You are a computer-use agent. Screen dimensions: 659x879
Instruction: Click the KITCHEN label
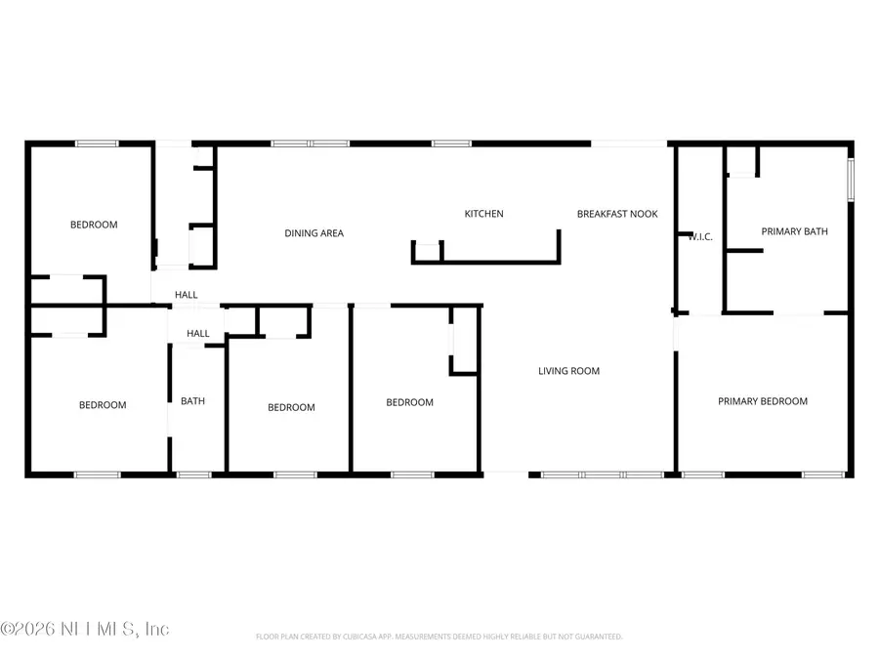tap(483, 214)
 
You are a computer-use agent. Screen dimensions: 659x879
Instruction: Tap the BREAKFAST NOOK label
tap(617, 214)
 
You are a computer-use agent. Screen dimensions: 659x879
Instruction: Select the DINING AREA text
tap(314, 233)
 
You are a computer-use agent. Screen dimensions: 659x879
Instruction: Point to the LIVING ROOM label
tap(568, 371)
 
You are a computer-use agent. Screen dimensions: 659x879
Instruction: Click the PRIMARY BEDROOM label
tap(763, 401)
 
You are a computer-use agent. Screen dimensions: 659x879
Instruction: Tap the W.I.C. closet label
tap(699, 236)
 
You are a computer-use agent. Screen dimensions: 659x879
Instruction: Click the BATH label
tap(192, 401)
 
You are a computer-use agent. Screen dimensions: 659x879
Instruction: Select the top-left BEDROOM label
tap(94, 225)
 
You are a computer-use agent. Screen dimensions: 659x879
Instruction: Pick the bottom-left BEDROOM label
tap(103, 405)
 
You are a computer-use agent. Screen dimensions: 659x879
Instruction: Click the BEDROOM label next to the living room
tap(409, 402)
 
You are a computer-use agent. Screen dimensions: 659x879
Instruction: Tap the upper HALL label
tap(186, 295)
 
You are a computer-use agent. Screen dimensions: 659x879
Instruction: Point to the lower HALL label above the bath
tap(198, 334)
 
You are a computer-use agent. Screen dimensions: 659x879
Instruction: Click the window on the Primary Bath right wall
tap(851, 180)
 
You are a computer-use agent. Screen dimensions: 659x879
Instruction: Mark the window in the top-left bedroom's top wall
tap(98, 144)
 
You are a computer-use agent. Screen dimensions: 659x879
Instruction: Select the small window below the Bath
tap(193, 475)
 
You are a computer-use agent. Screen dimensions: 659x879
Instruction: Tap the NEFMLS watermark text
tap(86, 629)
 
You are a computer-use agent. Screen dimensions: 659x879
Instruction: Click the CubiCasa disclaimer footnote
tap(439, 637)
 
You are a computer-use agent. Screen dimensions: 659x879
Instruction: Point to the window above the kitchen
tap(450, 144)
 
